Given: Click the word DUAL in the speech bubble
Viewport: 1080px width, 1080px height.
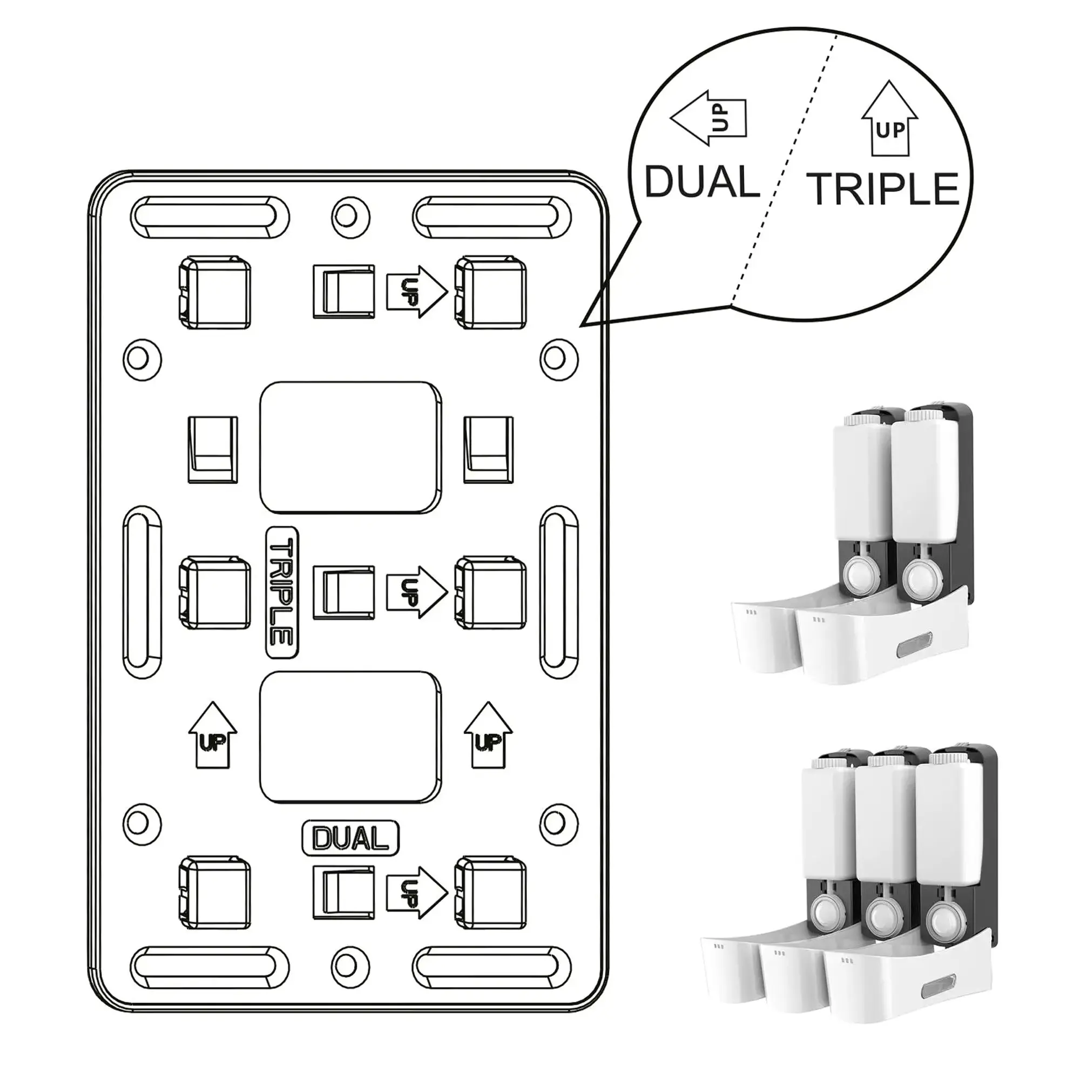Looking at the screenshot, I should [x=701, y=182].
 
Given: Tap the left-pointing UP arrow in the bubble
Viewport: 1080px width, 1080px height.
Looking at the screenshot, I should [x=708, y=118].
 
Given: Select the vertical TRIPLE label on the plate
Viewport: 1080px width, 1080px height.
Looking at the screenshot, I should [x=282, y=592].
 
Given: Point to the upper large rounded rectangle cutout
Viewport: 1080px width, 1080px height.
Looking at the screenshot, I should [x=350, y=448].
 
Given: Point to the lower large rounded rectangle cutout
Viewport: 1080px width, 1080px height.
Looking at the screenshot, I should [x=350, y=737].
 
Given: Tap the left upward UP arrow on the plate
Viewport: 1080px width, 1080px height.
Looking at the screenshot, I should [x=212, y=735].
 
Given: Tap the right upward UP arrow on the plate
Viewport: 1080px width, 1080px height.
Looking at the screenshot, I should [x=489, y=735].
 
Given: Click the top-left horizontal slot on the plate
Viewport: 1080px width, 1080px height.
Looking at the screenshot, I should [x=210, y=216].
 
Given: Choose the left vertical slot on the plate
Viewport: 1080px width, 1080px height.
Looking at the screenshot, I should [x=143, y=592].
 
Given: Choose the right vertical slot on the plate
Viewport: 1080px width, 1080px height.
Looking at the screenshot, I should [x=559, y=592].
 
